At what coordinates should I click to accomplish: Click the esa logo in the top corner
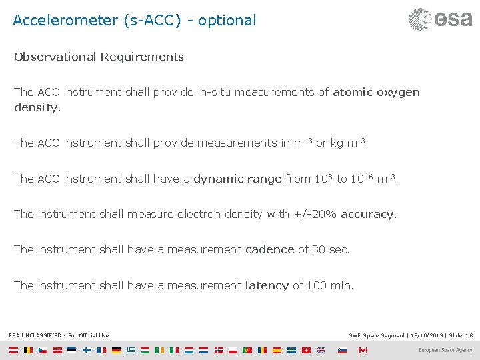[440, 19]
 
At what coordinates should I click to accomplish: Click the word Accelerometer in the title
[65, 20]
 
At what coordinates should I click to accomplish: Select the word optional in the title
[227, 20]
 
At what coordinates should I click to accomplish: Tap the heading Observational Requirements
[99, 57]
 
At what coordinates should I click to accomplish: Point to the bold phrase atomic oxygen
[376, 92]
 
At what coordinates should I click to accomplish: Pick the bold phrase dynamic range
[237, 179]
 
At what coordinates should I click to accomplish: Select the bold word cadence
[269, 249]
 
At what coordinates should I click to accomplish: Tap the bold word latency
[267, 285]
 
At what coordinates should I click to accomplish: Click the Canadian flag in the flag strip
[362, 350]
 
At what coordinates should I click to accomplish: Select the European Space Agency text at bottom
[445, 350]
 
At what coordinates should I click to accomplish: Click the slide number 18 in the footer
[469, 335]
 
